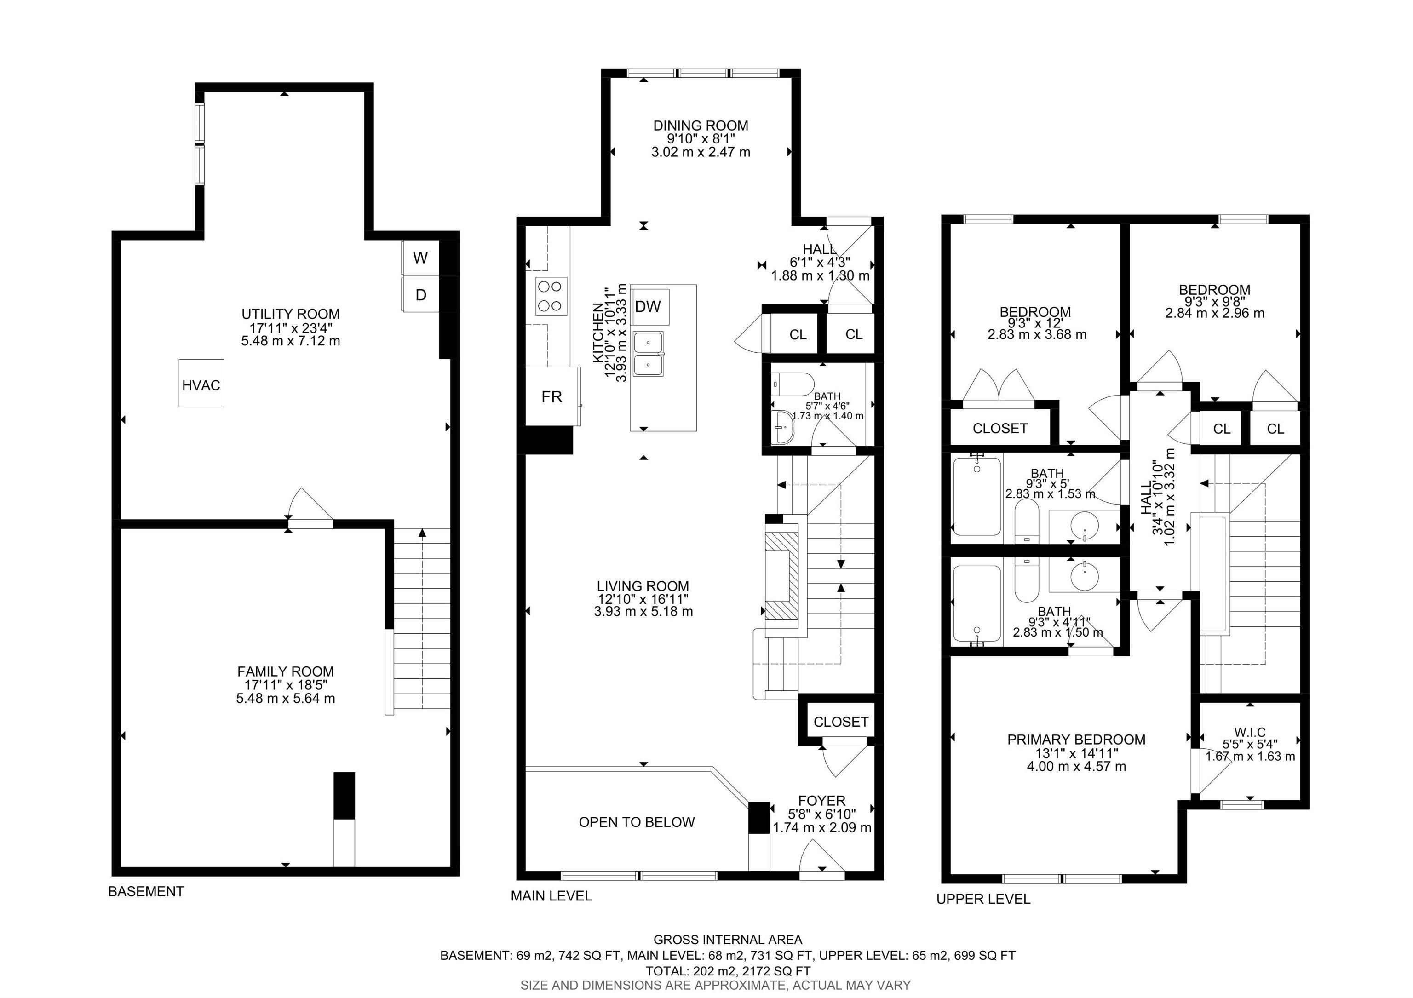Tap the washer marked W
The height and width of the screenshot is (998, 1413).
(420, 258)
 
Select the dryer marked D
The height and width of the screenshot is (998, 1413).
(420, 295)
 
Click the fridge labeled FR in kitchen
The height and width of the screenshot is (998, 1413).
(551, 397)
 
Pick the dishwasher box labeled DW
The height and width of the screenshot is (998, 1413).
(648, 306)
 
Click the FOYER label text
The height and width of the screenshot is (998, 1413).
(821, 801)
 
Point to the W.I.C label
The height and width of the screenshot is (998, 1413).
(1249, 732)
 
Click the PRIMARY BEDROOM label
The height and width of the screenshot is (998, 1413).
(1076, 740)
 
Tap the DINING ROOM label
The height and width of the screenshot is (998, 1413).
(701, 126)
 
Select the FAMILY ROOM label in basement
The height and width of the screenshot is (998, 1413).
(286, 671)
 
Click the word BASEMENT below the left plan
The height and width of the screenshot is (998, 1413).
(146, 892)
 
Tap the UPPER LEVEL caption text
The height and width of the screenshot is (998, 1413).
(983, 899)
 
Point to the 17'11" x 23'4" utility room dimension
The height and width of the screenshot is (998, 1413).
(291, 327)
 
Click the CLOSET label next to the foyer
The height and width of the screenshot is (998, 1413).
(841, 722)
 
